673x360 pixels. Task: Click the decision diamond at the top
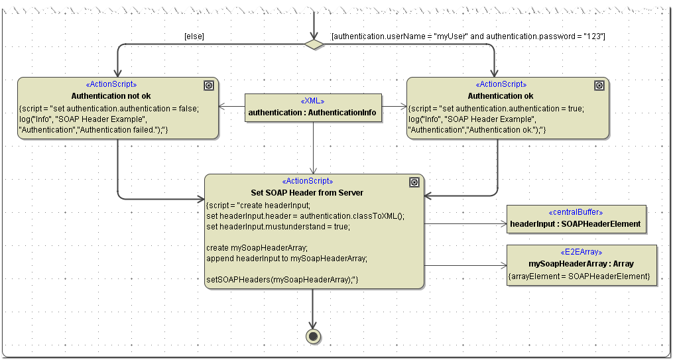(314, 44)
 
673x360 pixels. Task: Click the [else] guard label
(194, 36)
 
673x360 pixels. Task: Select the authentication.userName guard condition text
(468, 36)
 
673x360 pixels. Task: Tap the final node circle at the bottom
(314, 335)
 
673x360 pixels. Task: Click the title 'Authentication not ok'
(111, 96)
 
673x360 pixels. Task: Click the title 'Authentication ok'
(501, 96)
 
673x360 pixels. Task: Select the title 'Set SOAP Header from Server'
(307, 193)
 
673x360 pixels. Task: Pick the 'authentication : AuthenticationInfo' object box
(313, 108)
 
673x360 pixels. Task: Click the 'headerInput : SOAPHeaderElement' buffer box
(575, 219)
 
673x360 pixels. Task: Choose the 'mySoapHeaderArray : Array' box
(581, 265)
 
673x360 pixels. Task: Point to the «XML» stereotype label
(313, 101)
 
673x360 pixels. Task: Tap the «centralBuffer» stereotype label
(576, 212)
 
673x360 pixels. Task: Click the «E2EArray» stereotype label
(581, 252)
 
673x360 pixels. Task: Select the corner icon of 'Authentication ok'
(599, 86)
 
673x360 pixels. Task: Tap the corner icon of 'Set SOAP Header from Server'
(414, 182)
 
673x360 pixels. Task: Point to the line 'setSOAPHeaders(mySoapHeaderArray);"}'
(282, 280)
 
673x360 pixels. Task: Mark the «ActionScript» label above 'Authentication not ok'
(111, 85)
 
